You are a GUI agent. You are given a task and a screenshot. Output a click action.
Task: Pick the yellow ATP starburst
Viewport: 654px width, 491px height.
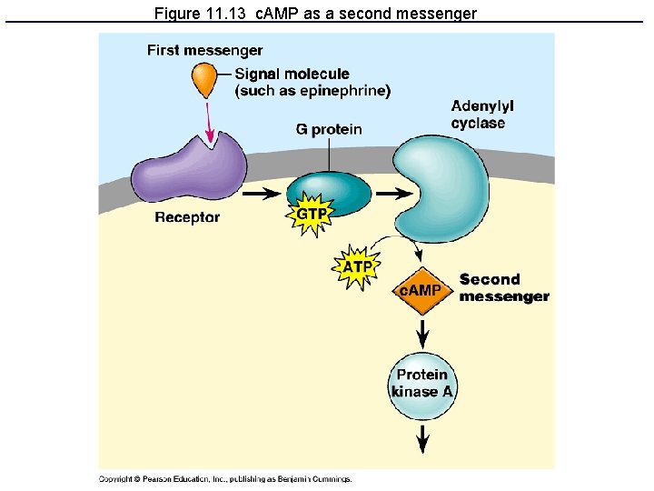click(356, 267)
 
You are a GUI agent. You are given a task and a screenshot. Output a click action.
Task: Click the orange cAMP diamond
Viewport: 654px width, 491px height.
click(421, 291)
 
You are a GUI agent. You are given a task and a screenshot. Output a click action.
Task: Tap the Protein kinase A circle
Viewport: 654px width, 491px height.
click(422, 384)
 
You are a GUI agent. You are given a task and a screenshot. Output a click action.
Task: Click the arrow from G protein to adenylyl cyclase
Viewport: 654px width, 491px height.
click(393, 194)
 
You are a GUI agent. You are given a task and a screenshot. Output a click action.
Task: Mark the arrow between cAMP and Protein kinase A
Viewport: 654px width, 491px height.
click(422, 334)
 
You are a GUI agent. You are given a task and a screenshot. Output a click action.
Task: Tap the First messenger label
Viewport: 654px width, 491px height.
click(204, 51)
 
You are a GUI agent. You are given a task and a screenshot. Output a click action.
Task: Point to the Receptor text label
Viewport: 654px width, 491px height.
click(187, 217)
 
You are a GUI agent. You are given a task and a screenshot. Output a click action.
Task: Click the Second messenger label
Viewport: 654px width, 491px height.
click(503, 288)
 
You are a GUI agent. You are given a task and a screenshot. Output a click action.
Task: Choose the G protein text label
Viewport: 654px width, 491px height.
click(329, 129)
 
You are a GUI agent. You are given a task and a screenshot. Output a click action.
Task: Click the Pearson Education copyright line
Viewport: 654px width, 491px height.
click(224, 479)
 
